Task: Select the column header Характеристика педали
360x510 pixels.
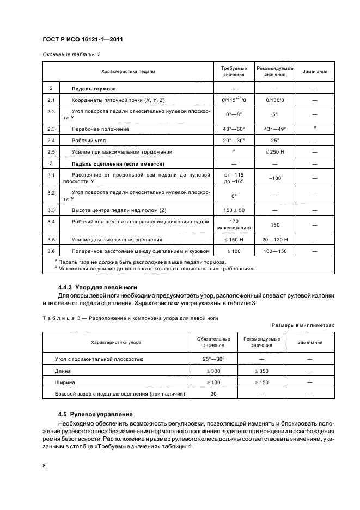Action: [x=128, y=71]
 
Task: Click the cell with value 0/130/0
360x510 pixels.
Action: [x=274, y=100]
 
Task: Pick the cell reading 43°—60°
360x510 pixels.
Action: [x=234, y=129]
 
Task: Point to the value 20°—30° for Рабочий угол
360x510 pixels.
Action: [x=234, y=140]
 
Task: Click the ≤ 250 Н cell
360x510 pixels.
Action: [x=274, y=151]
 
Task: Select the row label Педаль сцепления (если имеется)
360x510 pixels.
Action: [x=118, y=163]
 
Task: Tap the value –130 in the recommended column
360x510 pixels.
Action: [x=274, y=178]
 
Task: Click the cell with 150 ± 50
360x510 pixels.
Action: [x=234, y=210]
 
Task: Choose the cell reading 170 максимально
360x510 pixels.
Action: [x=234, y=224]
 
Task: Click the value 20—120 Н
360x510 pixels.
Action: [x=274, y=239]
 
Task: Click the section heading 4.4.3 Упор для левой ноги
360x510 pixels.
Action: [x=97, y=287]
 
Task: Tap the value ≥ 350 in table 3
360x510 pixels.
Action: [x=261, y=371]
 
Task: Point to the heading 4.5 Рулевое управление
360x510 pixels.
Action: [x=95, y=414]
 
